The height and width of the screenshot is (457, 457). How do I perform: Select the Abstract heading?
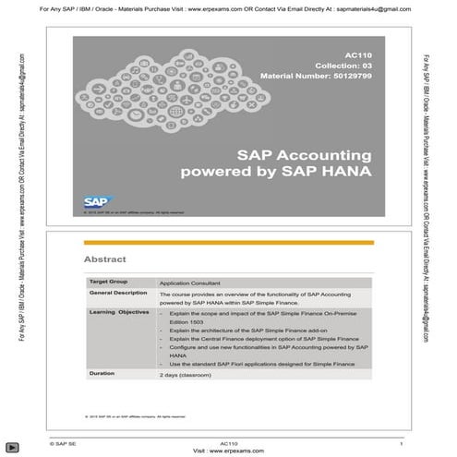[104, 259]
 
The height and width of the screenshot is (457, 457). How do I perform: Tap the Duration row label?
[102, 375]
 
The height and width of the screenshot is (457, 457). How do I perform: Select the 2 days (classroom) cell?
[187, 376]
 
